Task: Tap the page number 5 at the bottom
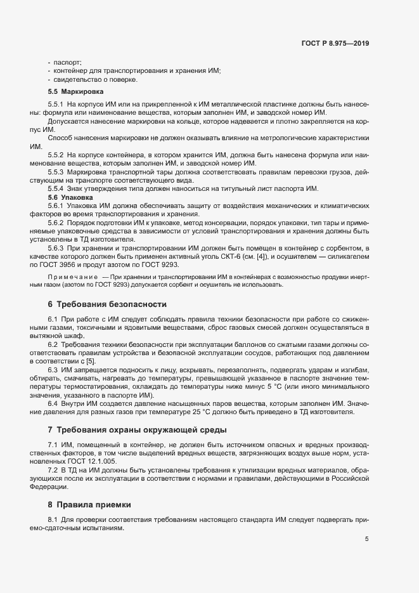(366, 540)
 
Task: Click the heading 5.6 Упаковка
(71, 197)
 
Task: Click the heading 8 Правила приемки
(89, 505)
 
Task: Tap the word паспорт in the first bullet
(67, 62)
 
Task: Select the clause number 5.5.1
(56, 104)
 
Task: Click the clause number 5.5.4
(56, 189)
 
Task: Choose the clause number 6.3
(53, 369)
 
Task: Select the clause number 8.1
(53, 520)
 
